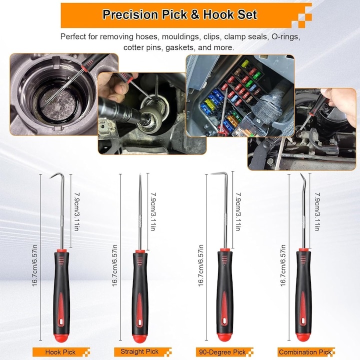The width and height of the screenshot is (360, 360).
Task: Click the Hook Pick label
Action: pos(60,352)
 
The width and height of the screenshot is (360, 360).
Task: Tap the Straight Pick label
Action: pos(139,351)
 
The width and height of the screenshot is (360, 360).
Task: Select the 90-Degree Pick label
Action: pos(222,352)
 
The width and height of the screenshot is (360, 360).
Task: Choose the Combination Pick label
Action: pos(305,352)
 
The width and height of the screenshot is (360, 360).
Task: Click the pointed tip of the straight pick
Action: pos(140,174)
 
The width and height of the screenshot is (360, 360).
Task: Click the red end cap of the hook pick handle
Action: pos(61,337)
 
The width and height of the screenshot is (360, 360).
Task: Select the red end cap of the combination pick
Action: pos(303,337)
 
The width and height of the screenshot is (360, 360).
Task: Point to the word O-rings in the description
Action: pos(286,36)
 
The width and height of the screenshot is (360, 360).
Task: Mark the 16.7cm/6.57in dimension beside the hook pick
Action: pos(34,265)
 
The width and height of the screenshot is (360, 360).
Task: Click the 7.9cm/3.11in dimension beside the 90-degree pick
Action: pos(238,211)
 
